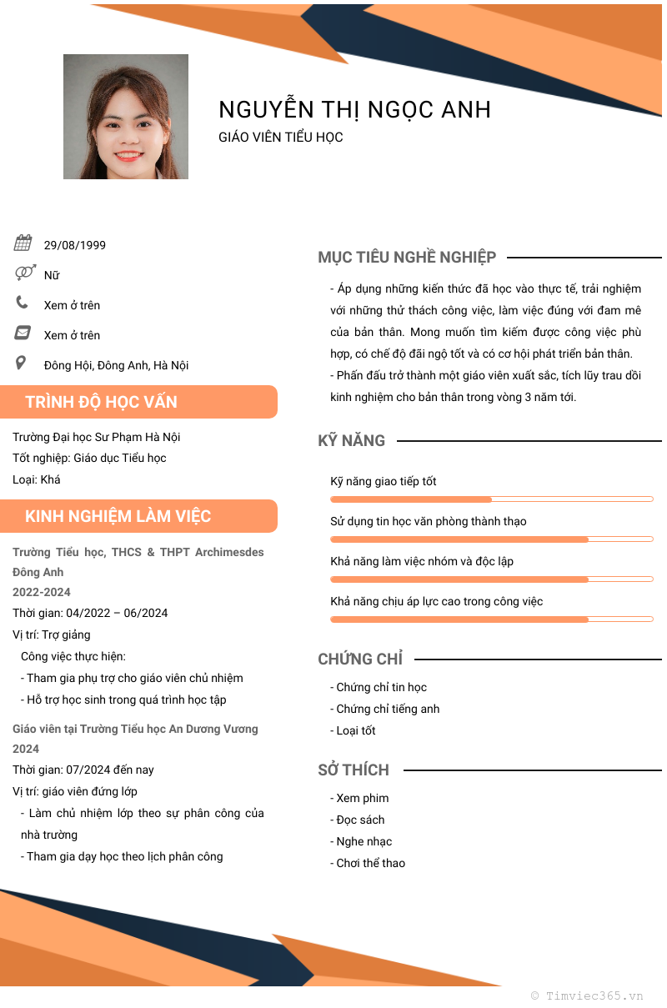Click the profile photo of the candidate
click(x=126, y=117)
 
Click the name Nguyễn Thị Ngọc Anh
click(x=354, y=109)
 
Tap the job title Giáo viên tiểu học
click(x=281, y=138)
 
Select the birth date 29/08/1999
click(x=75, y=245)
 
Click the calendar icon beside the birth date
click(x=23, y=243)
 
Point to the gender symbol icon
click(x=25, y=273)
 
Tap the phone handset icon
click(x=23, y=303)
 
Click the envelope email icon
click(x=23, y=333)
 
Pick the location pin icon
click(x=22, y=363)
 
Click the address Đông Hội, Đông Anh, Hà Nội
click(x=117, y=365)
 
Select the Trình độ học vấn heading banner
click(x=138, y=402)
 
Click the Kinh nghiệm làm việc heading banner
click(x=138, y=516)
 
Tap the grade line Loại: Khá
click(x=37, y=479)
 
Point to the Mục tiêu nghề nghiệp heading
click(x=407, y=258)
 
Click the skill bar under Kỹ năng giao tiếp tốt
click(x=491, y=499)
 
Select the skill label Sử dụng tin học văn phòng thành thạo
click(x=429, y=521)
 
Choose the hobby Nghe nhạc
click(x=364, y=841)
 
